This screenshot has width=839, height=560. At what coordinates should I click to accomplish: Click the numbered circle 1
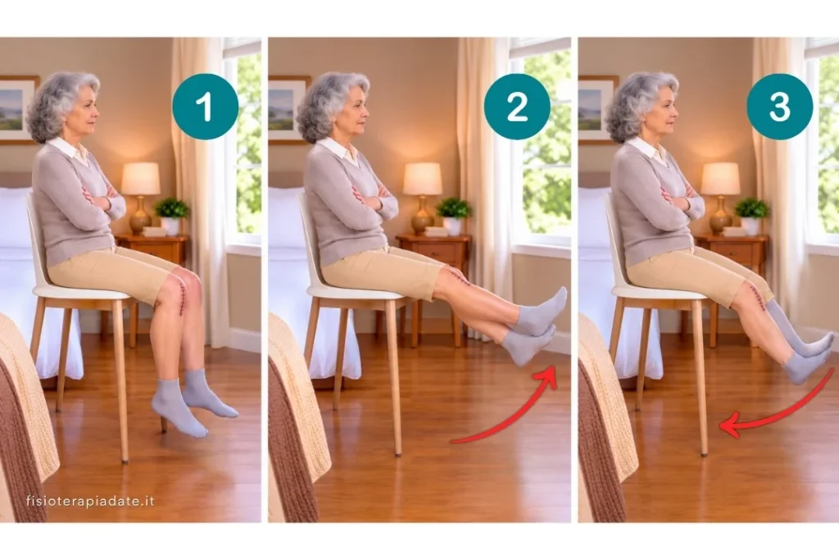click(205, 107)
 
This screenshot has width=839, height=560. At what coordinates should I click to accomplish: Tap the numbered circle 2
click(517, 107)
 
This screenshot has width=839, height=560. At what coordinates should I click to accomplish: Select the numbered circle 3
click(780, 107)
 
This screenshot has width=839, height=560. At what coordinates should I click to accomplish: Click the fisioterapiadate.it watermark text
click(90, 501)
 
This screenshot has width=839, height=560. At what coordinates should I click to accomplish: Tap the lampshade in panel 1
click(140, 178)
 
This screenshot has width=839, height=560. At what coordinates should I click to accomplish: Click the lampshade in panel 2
click(423, 178)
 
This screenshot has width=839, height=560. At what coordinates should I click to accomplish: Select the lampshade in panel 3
click(720, 178)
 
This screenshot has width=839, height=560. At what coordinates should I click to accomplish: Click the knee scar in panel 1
click(182, 297)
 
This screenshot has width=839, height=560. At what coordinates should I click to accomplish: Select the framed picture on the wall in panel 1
click(17, 110)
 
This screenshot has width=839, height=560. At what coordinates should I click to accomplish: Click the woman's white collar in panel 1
click(70, 148)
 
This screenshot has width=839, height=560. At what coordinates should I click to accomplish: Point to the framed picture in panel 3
click(598, 110)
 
